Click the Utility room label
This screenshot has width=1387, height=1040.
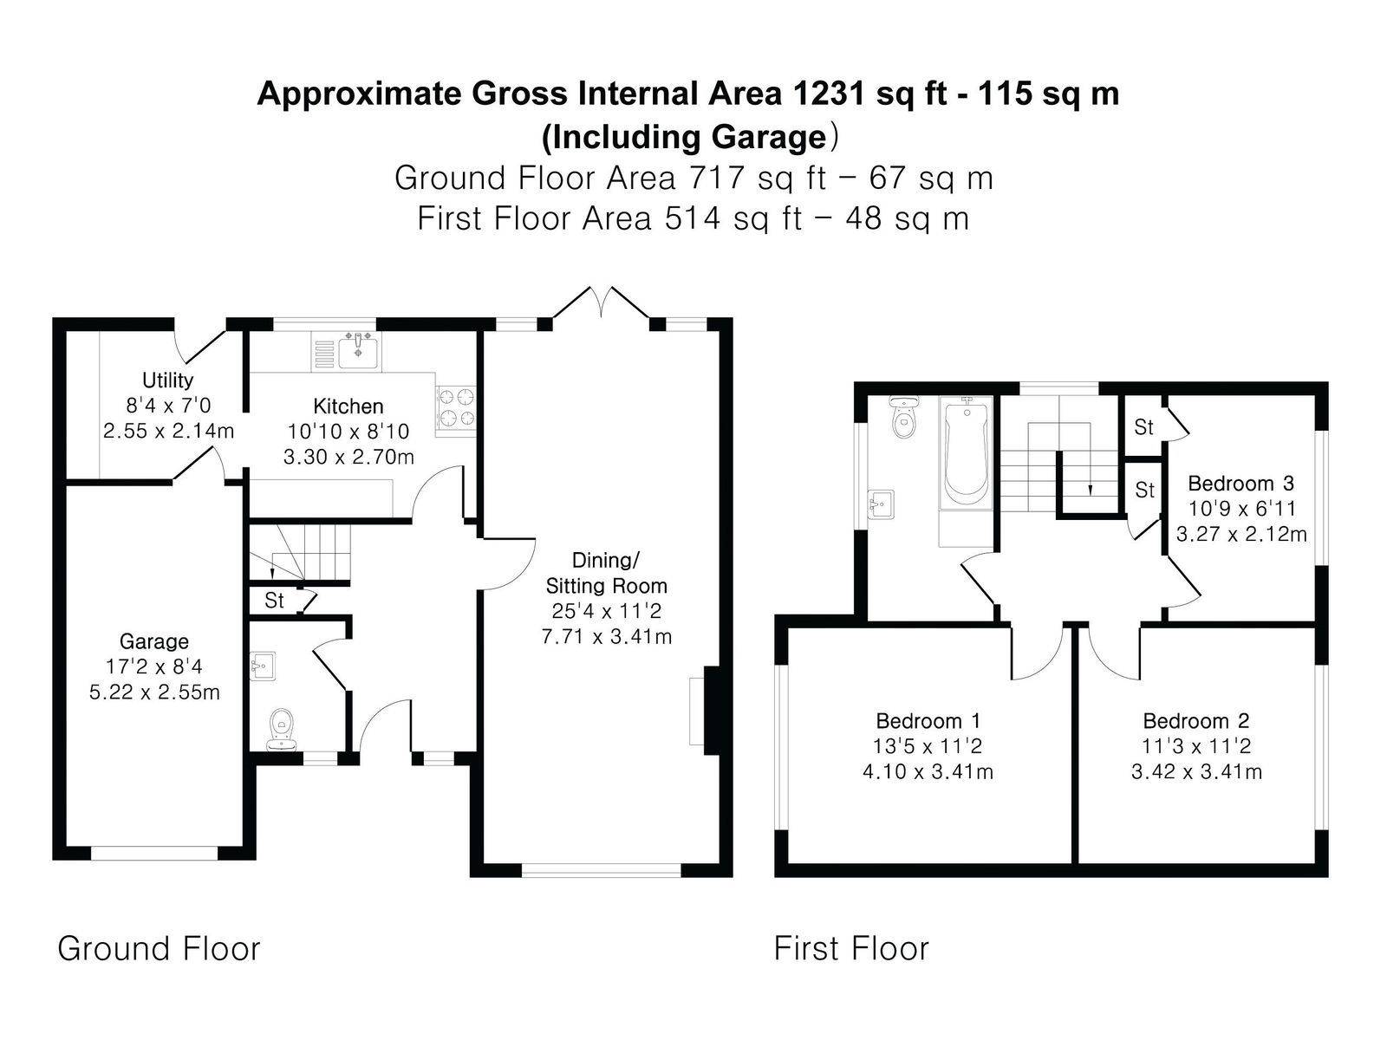pyautogui.click(x=167, y=380)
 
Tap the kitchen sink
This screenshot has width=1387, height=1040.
pyautogui.click(x=358, y=350)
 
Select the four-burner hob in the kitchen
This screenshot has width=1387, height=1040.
pyautogui.click(x=456, y=410)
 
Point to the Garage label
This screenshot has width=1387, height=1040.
pyautogui.click(x=154, y=641)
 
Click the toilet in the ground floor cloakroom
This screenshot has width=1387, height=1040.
pyautogui.click(x=282, y=731)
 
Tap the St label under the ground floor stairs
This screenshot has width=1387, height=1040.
pyautogui.click(x=274, y=601)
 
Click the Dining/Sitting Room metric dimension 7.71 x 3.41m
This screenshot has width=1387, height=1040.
pyautogui.click(x=607, y=636)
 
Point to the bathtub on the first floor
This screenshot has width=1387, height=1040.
pyautogui.click(x=966, y=452)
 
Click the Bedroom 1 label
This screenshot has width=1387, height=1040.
pyautogui.click(x=928, y=720)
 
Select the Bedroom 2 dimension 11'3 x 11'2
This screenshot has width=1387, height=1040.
pyautogui.click(x=1196, y=746)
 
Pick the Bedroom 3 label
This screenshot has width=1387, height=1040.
pyautogui.click(x=1241, y=484)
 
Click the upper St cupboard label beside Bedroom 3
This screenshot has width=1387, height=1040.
pyautogui.click(x=1143, y=427)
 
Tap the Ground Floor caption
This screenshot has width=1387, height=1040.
pyautogui.click(x=159, y=949)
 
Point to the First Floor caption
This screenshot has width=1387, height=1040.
pyautogui.click(x=851, y=949)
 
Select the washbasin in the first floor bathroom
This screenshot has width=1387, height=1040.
pyautogui.click(x=880, y=504)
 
